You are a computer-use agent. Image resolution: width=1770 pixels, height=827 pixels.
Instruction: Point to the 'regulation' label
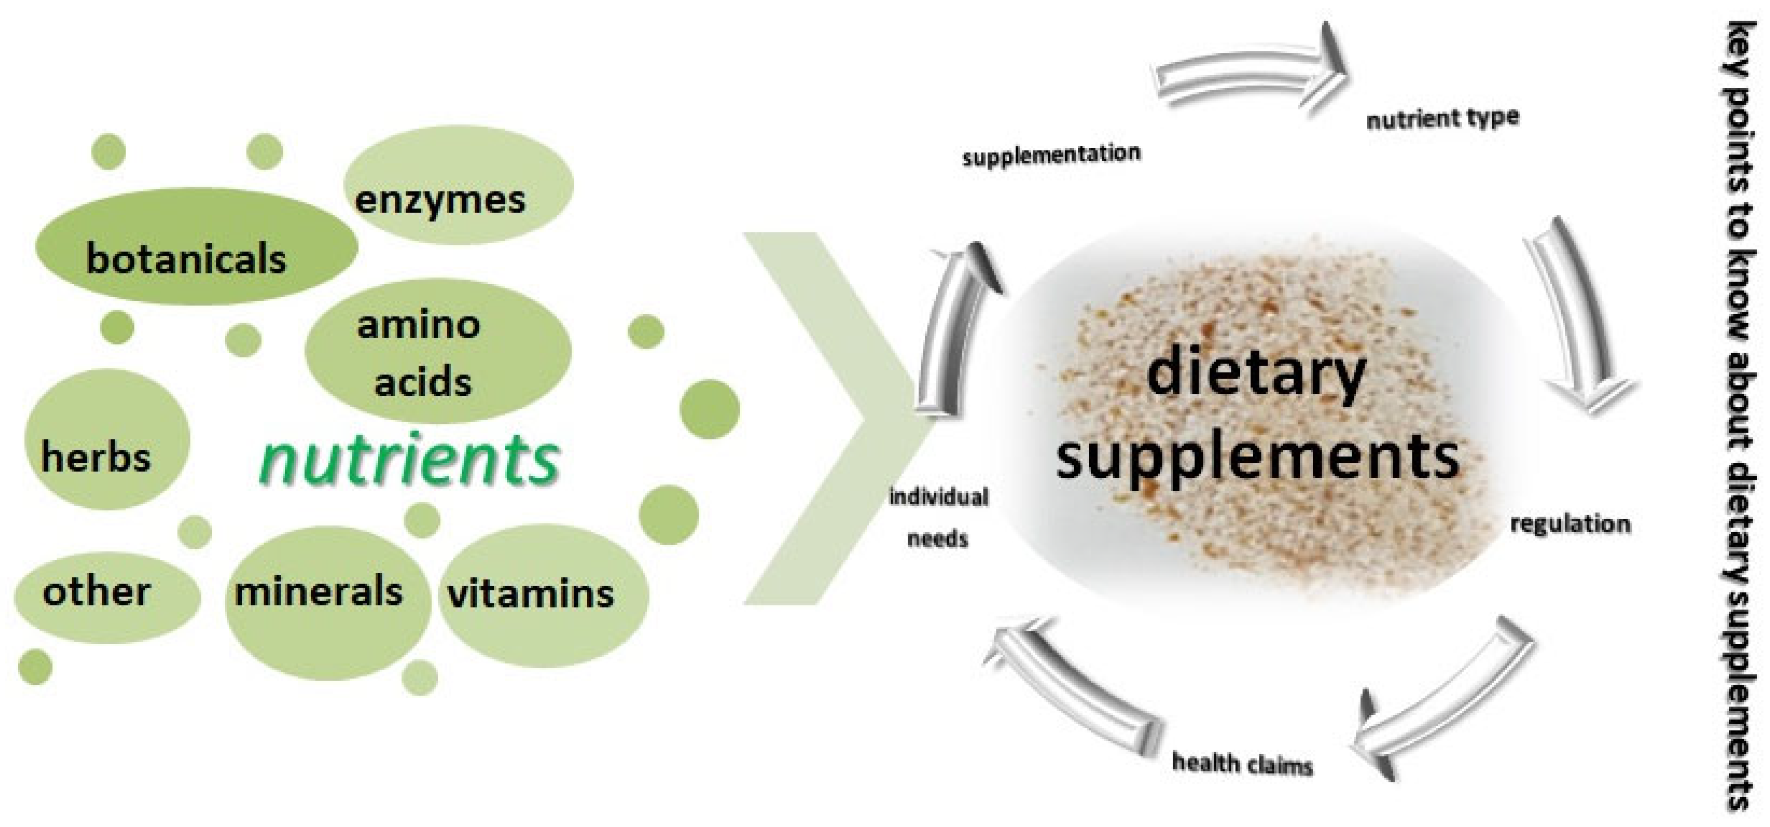[x=1570, y=524]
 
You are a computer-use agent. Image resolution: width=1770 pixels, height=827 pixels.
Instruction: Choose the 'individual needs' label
[x=938, y=517]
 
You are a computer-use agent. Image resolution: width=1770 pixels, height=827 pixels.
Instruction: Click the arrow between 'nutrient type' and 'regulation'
[x=1580, y=323]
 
